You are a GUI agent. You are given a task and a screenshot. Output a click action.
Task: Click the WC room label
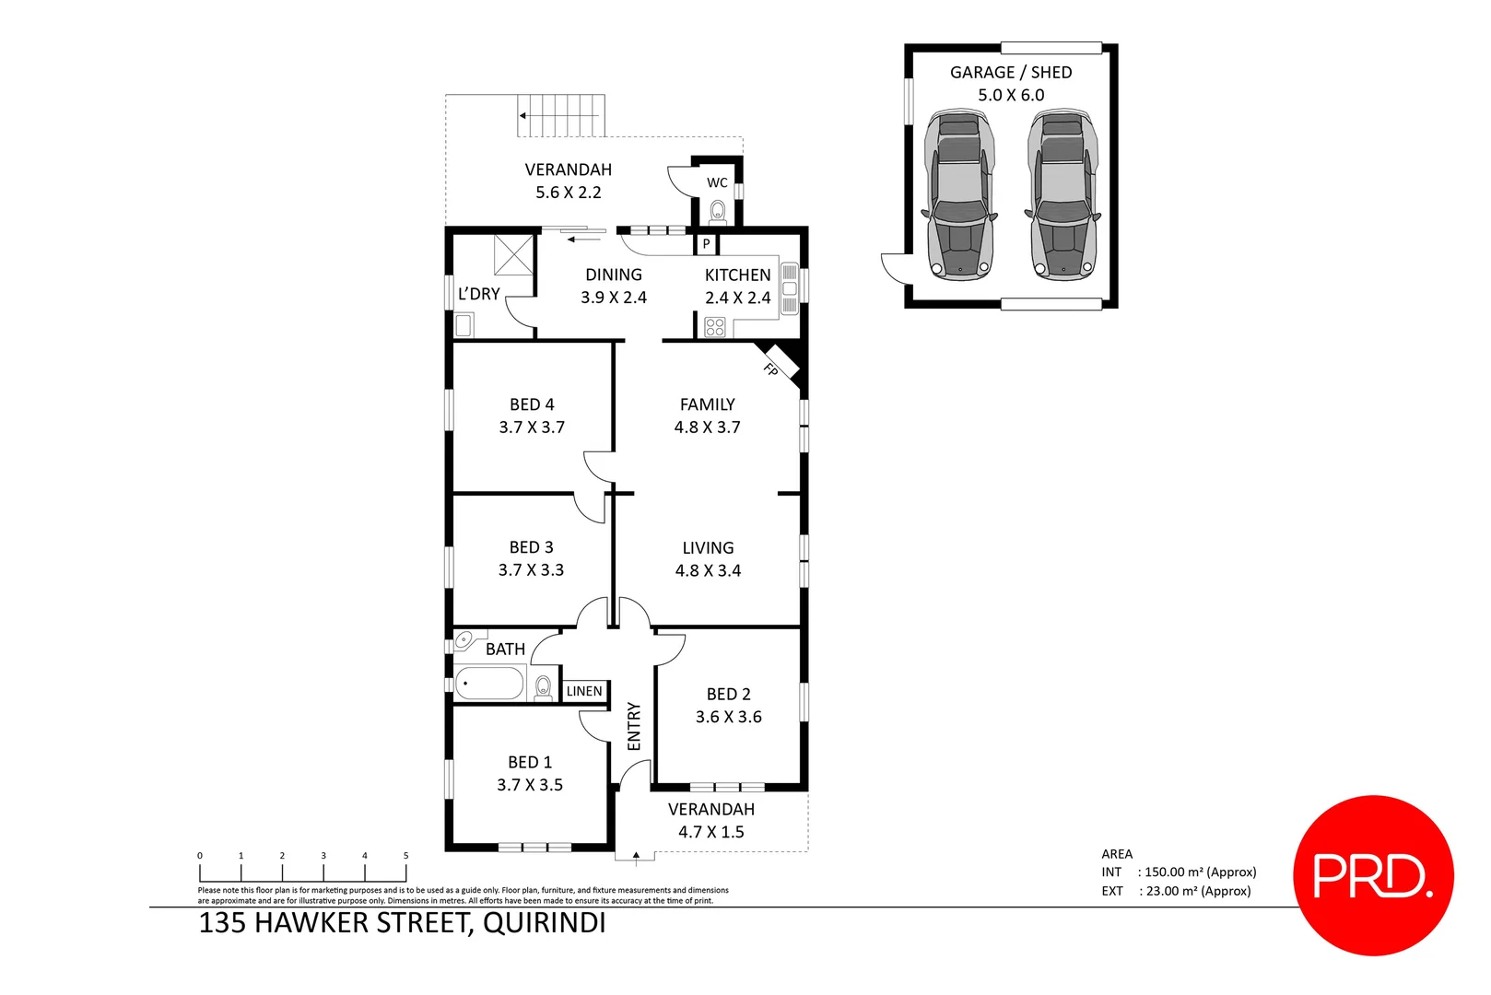pyautogui.click(x=717, y=182)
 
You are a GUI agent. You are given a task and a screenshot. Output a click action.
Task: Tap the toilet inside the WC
pyautogui.click(x=718, y=212)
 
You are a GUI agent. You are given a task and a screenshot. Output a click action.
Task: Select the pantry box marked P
pyautogui.click(x=706, y=244)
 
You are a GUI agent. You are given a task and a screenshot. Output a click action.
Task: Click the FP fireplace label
pyautogui.click(x=771, y=369)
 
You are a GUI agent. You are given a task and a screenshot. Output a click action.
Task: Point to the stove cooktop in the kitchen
pyautogui.click(x=715, y=326)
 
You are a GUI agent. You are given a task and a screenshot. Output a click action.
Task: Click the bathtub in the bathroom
pyautogui.click(x=489, y=685)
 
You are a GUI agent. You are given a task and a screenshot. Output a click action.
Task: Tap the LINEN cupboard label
pyautogui.click(x=584, y=691)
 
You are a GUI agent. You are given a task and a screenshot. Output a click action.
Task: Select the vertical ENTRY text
pyautogui.click(x=634, y=726)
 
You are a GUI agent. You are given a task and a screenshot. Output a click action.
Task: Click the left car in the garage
pyautogui.click(x=959, y=195)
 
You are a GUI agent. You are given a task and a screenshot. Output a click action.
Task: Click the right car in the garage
pyautogui.click(x=1062, y=195)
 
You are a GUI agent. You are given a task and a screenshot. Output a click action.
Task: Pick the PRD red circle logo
pyautogui.click(x=1373, y=875)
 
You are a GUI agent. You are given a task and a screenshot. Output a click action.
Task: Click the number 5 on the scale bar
pyautogui.click(x=405, y=856)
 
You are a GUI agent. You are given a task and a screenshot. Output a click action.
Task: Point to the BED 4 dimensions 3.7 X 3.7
pyautogui.click(x=532, y=427)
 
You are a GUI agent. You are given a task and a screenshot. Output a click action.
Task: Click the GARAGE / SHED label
pyautogui.click(x=1011, y=72)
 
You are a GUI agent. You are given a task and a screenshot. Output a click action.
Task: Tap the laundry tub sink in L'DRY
pyautogui.click(x=464, y=325)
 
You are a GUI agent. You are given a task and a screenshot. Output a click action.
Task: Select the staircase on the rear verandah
pyautogui.click(x=560, y=116)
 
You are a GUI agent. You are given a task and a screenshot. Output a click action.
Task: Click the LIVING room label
pyautogui.click(x=708, y=547)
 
